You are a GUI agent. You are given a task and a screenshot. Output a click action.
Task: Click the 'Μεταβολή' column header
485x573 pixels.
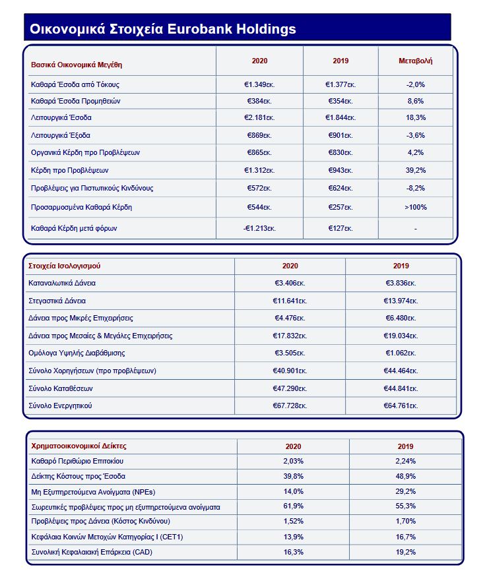[415, 61]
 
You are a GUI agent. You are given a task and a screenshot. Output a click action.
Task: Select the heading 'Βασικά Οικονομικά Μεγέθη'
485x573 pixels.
[77, 65]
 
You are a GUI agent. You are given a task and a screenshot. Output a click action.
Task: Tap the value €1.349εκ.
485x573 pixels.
[259, 84]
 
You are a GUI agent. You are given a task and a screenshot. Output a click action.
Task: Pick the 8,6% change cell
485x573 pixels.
[415, 102]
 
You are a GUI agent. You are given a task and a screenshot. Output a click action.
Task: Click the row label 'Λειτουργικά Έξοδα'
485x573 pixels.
[60, 135]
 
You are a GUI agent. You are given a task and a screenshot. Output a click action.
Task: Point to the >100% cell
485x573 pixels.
[415, 207]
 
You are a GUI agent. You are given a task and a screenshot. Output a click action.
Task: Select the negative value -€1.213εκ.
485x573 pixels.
[259, 229]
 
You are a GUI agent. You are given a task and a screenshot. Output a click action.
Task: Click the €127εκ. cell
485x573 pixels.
[340, 229]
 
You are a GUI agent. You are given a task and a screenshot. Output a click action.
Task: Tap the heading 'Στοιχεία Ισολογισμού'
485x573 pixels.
[64, 266]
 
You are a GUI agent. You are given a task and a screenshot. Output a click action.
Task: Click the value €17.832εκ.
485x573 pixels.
[290, 336]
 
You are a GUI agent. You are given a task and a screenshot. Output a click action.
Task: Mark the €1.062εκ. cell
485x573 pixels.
[401, 353]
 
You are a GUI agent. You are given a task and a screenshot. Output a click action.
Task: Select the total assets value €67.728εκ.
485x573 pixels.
[290, 406]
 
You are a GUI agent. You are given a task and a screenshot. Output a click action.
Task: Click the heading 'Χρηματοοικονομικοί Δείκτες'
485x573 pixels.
[79, 446]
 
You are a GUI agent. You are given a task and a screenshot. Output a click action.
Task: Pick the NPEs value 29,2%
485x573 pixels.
[406, 491]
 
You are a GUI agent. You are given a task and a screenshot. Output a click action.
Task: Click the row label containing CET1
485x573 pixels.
[107, 537]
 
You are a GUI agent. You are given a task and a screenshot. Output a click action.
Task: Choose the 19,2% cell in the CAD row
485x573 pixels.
[406, 551]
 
